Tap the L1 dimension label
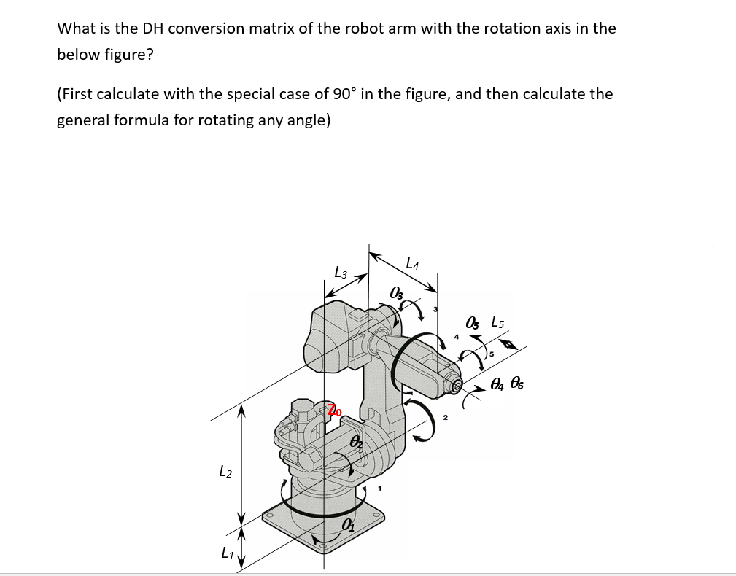pyautogui.click(x=228, y=554)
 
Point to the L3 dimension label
pyautogui.click(x=340, y=273)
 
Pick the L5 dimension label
pyautogui.click(x=498, y=321)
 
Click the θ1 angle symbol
pyautogui.click(x=349, y=525)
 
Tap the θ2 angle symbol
pyautogui.click(x=356, y=443)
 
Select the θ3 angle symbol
pyautogui.click(x=397, y=293)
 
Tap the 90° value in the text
pyautogui.click(x=344, y=94)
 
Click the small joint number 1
pyautogui.click(x=379, y=489)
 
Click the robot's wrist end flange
pyautogui.click(x=457, y=386)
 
